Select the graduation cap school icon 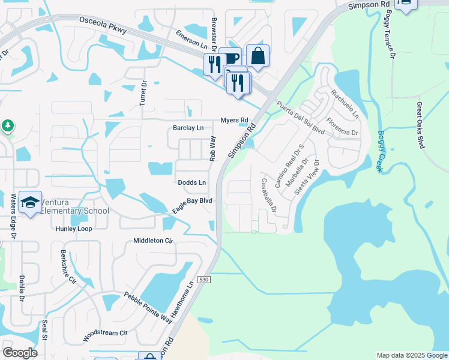pos(29,202)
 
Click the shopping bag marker pos(258,56)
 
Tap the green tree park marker pos(8,125)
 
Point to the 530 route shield pos(204,280)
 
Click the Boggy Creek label pos(379,152)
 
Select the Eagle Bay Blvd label pos(193,206)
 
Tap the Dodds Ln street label pos(192,182)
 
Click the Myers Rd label pos(234,120)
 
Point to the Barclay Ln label pos(188,128)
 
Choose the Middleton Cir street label pos(153,241)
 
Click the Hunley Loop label pos(74,229)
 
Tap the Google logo pos(20,352)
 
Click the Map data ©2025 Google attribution pos(412,355)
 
